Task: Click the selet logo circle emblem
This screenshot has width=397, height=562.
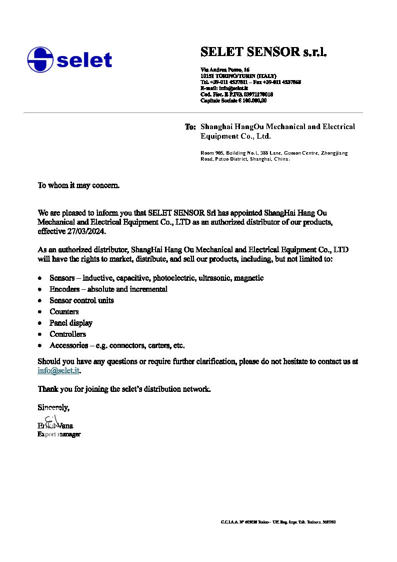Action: pyautogui.click(x=40, y=60)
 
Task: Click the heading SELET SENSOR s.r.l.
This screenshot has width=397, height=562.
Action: pyautogui.click(x=263, y=52)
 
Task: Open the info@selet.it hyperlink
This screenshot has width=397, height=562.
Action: pyautogui.click(x=58, y=371)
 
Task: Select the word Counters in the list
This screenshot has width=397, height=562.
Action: pyautogui.click(x=64, y=312)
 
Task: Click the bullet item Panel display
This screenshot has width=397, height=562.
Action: pyautogui.click(x=71, y=323)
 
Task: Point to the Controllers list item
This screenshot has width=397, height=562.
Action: pyautogui.click(x=67, y=334)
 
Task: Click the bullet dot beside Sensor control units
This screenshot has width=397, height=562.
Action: pyautogui.click(x=39, y=301)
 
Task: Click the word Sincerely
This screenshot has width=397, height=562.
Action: pyautogui.click(x=53, y=407)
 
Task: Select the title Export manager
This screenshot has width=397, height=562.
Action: pyautogui.click(x=59, y=434)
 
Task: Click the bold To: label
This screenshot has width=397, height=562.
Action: pyautogui.click(x=190, y=127)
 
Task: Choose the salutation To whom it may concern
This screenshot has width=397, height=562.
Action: pyautogui.click(x=78, y=185)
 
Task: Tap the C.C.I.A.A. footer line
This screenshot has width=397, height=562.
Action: pyautogui.click(x=278, y=522)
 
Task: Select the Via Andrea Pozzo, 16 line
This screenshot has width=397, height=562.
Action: pyautogui.click(x=225, y=69)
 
